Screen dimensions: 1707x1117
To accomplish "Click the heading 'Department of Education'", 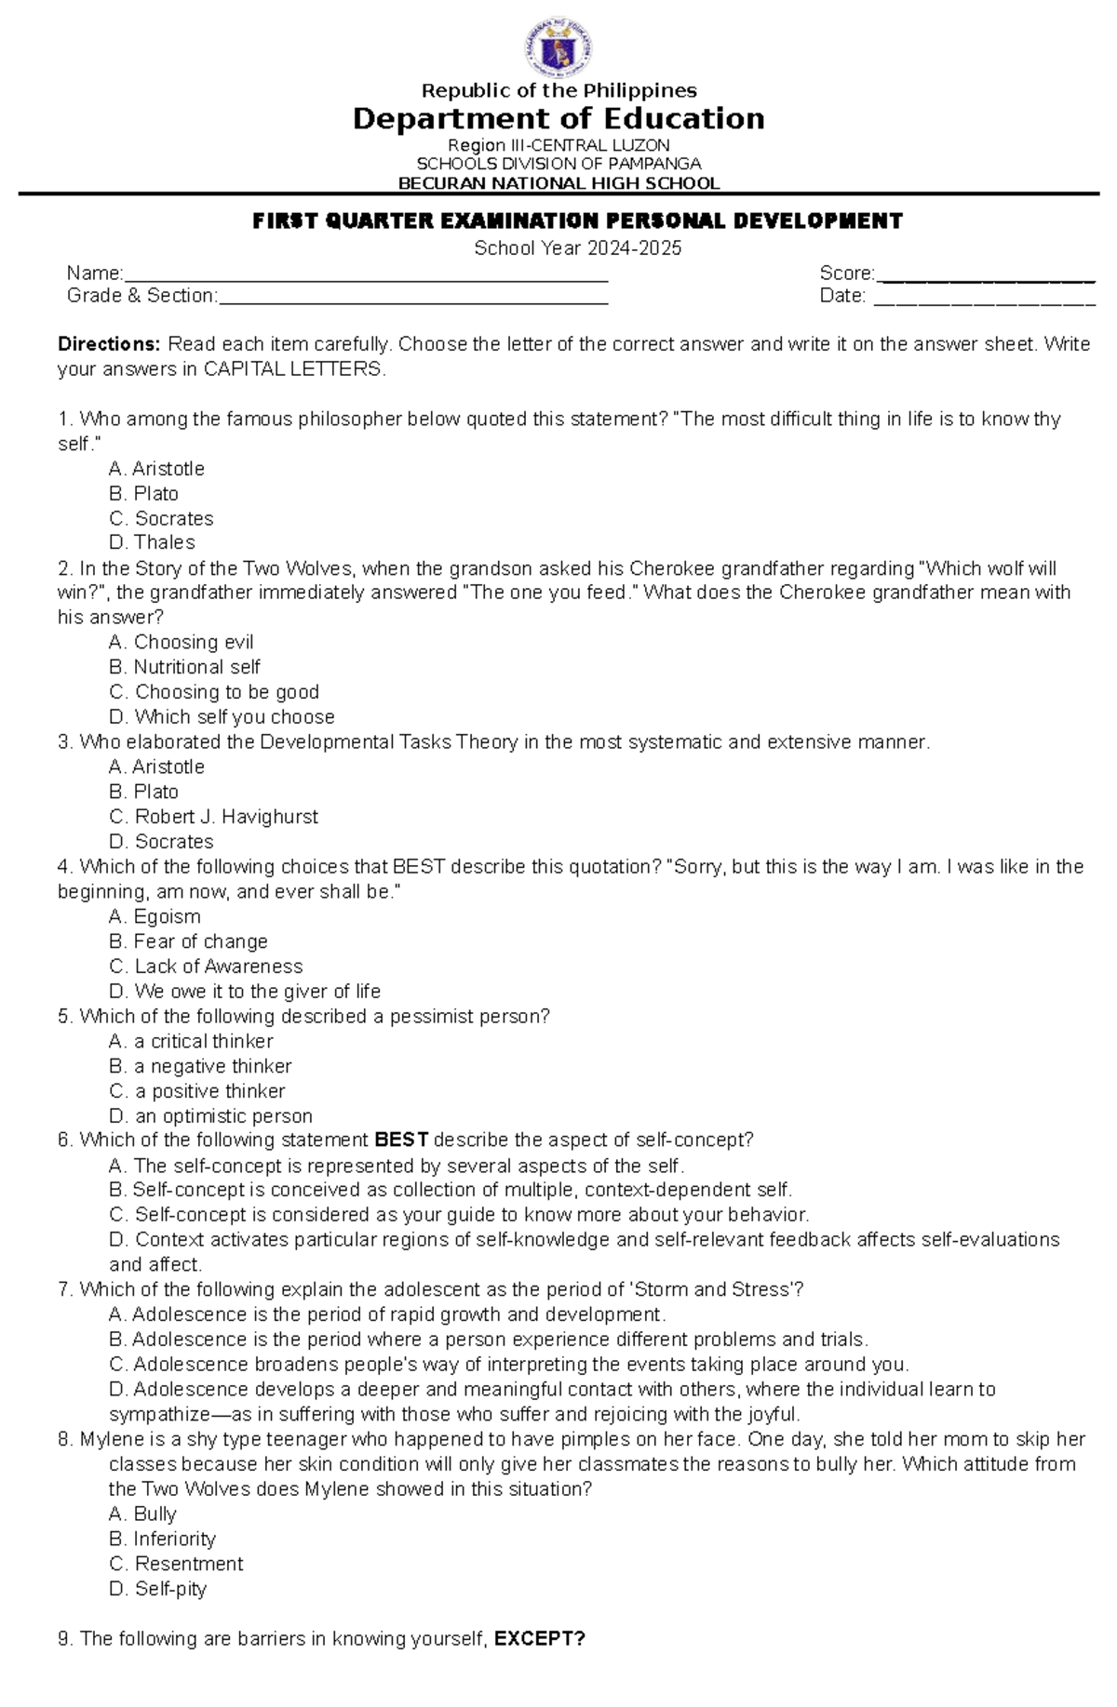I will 558,119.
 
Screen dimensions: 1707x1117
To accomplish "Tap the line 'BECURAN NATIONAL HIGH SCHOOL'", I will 558,183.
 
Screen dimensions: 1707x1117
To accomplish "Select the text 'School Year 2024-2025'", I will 577,248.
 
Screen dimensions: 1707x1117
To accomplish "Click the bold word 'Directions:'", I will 109,344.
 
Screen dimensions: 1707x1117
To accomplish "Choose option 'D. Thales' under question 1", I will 152,542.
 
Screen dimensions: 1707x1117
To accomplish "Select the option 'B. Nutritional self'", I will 184,667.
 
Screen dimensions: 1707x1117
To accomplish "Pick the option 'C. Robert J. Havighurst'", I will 213,817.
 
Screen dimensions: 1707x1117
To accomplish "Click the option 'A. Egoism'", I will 155,916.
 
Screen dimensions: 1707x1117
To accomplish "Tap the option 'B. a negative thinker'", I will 200,1066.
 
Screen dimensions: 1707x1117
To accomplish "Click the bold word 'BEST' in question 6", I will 401,1140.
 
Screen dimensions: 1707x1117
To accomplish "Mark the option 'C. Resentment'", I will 176,1564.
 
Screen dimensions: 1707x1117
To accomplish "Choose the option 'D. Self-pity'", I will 157,1589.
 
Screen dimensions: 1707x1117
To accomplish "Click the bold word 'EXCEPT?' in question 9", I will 539,1639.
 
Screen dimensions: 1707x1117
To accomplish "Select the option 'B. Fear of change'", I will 188,941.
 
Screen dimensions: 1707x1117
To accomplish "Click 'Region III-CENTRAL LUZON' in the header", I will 558,146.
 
